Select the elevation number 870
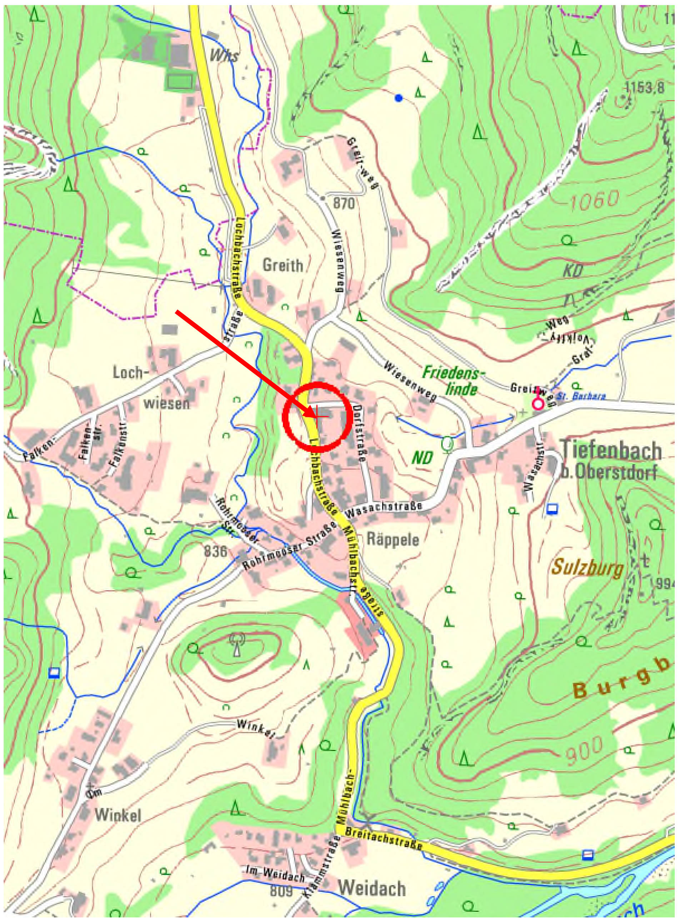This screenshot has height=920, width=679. (344, 204)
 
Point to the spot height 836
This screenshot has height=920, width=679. (215, 552)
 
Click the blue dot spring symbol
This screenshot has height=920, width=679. (398, 98)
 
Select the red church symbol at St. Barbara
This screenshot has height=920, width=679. (537, 403)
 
